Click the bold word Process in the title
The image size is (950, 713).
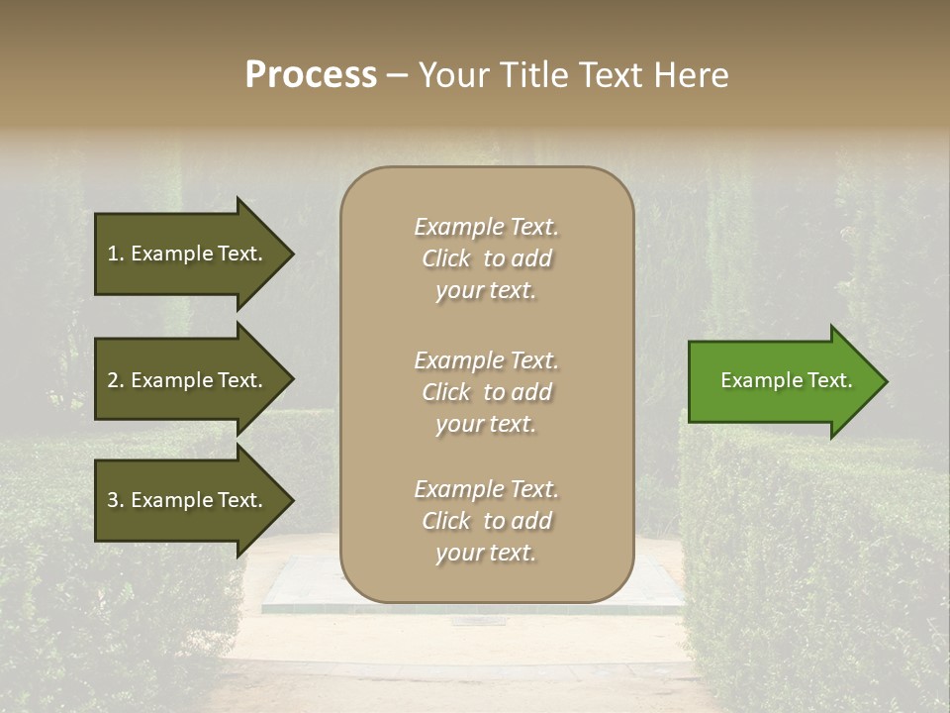(x=311, y=74)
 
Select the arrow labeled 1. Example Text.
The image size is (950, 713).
(x=188, y=254)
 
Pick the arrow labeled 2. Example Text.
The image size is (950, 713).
(x=188, y=380)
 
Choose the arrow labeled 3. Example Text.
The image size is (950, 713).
(x=188, y=500)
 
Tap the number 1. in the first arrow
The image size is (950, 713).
(x=115, y=254)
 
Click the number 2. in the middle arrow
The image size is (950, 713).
(x=115, y=380)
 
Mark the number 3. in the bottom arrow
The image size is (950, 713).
(x=115, y=500)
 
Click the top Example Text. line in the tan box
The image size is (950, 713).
(x=486, y=227)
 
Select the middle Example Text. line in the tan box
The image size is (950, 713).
(x=486, y=360)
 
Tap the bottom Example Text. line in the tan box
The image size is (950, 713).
(x=486, y=489)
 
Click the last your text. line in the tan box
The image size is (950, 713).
(x=486, y=554)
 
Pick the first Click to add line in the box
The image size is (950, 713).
(x=486, y=258)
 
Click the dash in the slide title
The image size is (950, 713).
(x=397, y=75)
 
